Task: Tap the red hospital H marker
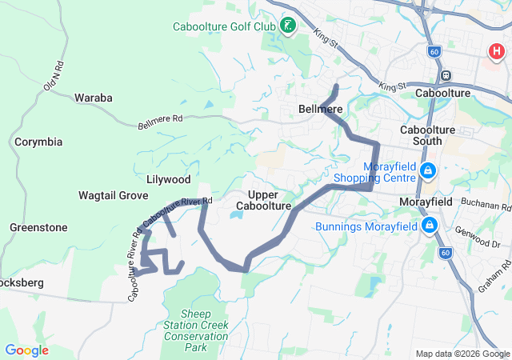point(496,53)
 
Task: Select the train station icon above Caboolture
point(446,76)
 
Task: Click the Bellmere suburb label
point(320,109)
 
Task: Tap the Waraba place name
point(94,98)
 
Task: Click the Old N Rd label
point(53,74)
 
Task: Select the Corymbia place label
point(38,142)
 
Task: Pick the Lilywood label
point(169,179)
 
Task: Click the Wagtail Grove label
point(113,195)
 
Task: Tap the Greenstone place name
point(38,227)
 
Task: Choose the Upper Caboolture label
point(263,200)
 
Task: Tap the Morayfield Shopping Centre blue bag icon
point(428,170)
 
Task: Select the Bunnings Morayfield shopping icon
point(430,226)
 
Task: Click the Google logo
point(26,350)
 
